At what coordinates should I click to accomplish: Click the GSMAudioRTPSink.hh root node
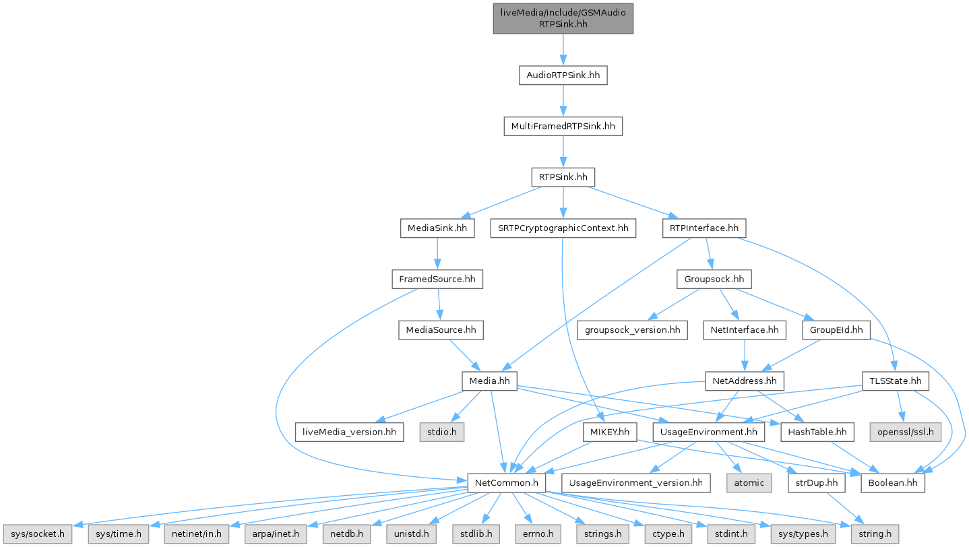pyautogui.click(x=563, y=18)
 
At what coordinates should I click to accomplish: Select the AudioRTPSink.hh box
pyautogui.click(x=563, y=75)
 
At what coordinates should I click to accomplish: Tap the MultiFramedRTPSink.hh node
pyautogui.click(x=563, y=126)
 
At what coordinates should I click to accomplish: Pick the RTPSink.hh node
pyautogui.click(x=563, y=178)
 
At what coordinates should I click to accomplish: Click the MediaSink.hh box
pyautogui.click(x=437, y=228)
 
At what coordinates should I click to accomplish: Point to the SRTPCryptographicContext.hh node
pyautogui.click(x=563, y=228)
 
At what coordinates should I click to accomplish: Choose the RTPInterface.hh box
pyautogui.click(x=704, y=228)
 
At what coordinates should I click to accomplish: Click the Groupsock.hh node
pyautogui.click(x=714, y=279)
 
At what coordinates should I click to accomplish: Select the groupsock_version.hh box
pyautogui.click(x=631, y=330)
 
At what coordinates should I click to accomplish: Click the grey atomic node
pyautogui.click(x=749, y=483)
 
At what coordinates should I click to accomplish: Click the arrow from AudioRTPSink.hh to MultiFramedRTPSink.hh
pyautogui.click(x=563, y=101)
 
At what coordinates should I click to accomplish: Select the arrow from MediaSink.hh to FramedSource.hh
pyautogui.click(x=437, y=254)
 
